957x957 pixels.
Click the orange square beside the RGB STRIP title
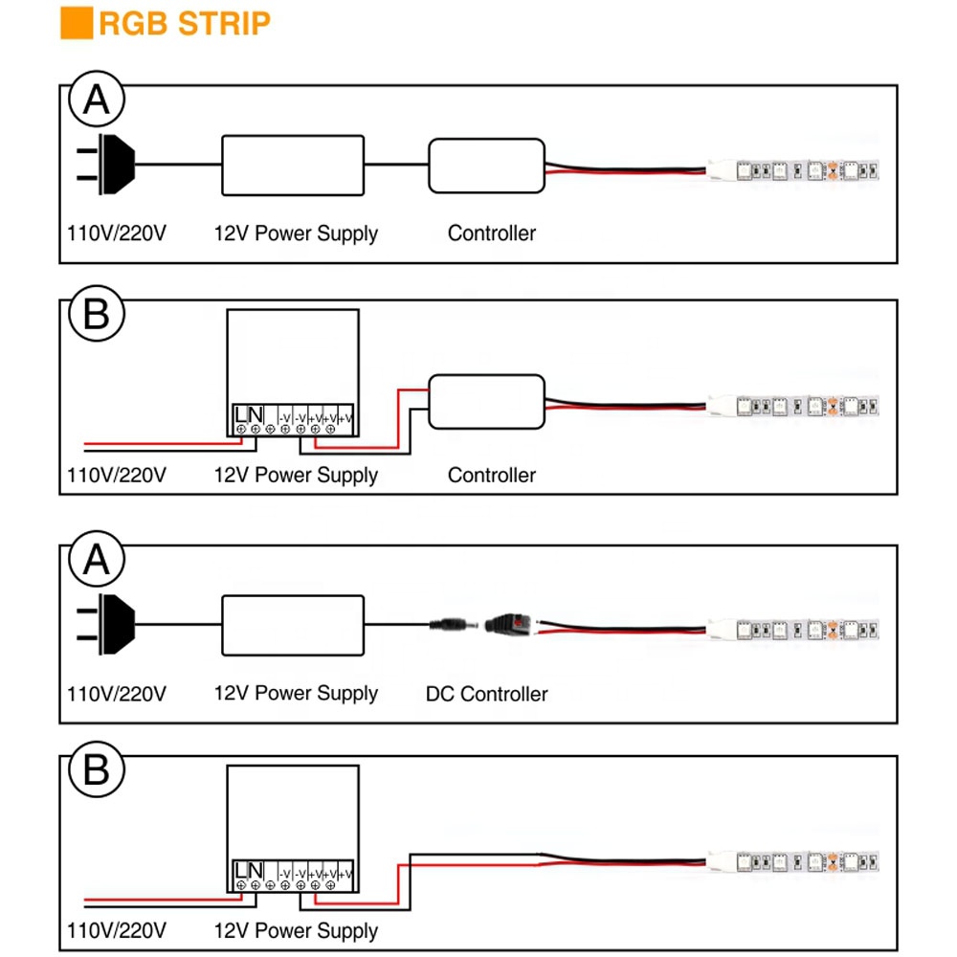pos(77,23)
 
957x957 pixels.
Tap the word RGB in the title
pos(133,24)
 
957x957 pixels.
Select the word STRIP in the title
pos(224,24)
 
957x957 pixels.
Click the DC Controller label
pos(486,694)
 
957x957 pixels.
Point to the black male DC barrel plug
pos(454,625)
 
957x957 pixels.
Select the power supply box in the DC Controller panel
pos(293,626)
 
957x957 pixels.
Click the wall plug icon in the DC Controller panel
pos(106,624)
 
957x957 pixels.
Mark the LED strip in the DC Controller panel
pos(792,630)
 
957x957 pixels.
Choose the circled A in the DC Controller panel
pos(97,560)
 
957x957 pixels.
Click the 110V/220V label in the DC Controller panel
pos(117,694)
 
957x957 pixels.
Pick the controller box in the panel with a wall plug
pos(486,166)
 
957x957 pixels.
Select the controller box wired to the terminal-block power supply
pos(486,402)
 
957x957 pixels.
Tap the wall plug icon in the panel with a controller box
pos(106,165)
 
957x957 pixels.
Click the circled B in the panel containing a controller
pos(97,314)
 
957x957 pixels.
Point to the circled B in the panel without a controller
pos(97,769)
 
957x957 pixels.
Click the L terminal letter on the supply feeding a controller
pos(241,414)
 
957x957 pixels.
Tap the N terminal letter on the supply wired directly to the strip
pos(256,870)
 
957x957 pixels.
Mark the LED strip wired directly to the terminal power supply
pos(792,862)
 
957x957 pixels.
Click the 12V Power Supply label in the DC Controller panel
pos(296,694)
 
